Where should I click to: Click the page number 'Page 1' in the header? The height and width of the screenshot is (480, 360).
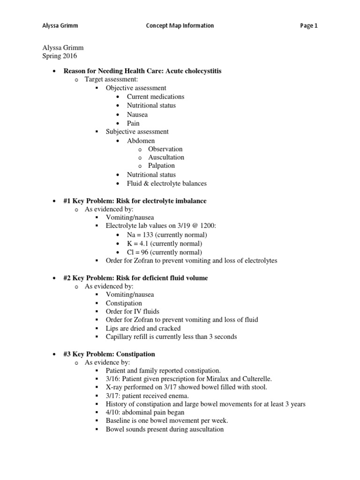point(309,26)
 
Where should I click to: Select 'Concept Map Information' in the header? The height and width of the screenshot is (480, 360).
point(180,26)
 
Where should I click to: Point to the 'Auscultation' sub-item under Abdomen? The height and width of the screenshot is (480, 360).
point(166,157)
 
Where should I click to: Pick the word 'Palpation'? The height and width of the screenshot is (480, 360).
point(161,165)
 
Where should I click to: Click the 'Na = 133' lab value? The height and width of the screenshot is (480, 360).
point(142,235)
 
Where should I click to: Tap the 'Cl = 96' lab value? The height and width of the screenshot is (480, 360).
point(140,252)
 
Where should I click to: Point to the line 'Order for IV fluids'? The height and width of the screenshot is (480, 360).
point(133,311)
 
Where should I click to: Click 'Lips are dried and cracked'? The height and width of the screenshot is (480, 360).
point(143,328)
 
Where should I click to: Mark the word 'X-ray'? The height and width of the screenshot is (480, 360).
point(115,387)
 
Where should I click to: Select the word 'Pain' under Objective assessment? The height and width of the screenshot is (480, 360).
point(133,123)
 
